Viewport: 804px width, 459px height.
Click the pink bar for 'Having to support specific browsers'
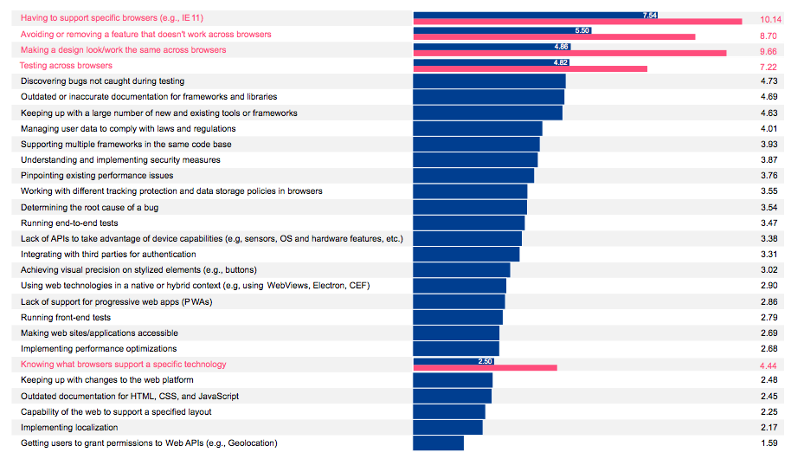click(577, 22)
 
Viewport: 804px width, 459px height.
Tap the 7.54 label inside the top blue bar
click(650, 15)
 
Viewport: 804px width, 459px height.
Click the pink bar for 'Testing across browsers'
click(530, 68)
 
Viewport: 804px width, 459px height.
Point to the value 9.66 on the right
click(769, 51)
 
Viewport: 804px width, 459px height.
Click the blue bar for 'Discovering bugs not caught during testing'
click(489, 81)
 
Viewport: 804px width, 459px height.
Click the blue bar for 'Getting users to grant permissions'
click(438, 443)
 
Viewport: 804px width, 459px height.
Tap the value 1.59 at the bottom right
click(769, 443)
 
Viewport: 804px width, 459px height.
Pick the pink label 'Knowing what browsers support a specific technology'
click(123, 365)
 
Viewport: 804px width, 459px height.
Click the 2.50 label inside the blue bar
click(486, 360)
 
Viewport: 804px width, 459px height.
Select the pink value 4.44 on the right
click(769, 365)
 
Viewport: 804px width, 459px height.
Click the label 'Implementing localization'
click(69, 428)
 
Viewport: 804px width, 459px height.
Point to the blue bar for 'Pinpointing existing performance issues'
click(473, 175)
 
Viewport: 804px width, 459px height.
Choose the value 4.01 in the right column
click(769, 129)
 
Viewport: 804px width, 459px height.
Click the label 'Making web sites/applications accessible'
click(100, 333)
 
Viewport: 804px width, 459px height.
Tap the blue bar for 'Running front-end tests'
click(458, 317)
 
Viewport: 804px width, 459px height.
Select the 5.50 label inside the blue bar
click(582, 30)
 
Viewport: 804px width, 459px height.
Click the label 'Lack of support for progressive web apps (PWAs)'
click(116, 301)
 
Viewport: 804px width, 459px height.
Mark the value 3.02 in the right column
click(769, 270)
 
